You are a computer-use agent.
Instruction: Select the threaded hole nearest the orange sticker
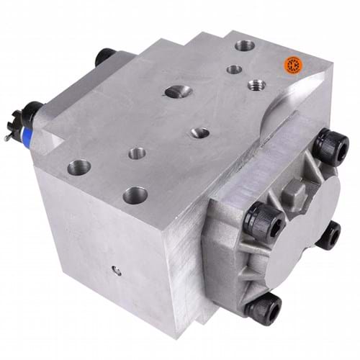pyautogui.click(x=255, y=84)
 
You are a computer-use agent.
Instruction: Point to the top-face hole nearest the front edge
pyautogui.click(x=134, y=194)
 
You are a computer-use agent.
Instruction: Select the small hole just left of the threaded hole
pyautogui.click(x=233, y=70)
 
